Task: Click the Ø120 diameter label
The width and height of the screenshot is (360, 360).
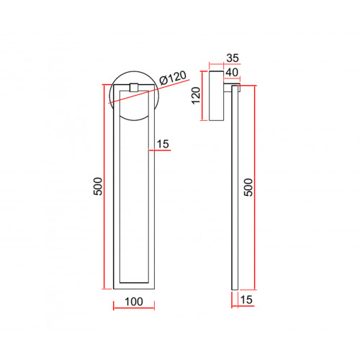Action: (173, 78)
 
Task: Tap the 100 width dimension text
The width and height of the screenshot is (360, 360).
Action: (134, 302)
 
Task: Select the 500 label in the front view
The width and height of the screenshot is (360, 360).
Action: (98, 186)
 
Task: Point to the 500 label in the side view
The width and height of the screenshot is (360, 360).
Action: (248, 187)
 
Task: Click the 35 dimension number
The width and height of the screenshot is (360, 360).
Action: (233, 58)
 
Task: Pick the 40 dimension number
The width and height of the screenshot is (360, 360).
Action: (232, 72)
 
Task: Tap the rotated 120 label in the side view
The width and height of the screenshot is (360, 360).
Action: (196, 95)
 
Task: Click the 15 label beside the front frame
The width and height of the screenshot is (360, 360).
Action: (163, 144)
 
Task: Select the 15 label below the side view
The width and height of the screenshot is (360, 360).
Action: (246, 300)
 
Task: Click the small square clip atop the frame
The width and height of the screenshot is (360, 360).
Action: (134, 87)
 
